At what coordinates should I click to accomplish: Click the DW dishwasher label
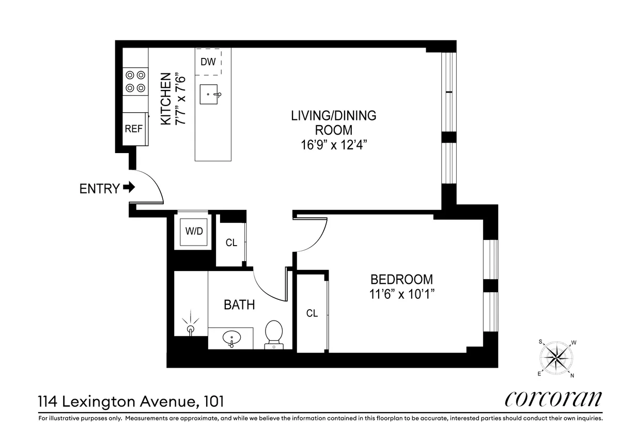tap(208, 62)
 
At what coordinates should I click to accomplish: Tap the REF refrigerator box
tap(133, 129)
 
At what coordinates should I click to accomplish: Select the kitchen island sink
tap(211, 95)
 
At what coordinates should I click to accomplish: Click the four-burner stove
tap(135, 82)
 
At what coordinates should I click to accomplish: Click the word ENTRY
tap(99, 189)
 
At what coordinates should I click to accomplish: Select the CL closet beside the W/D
tap(231, 243)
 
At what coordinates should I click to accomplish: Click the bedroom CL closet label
tap(312, 313)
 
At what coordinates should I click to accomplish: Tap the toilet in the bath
tap(273, 334)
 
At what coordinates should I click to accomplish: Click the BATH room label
tap(239, 305)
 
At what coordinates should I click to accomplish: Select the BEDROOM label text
tap(401, 280)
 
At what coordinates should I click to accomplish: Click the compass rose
tap(557, 357)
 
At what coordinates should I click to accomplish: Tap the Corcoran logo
tap(552, 399)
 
